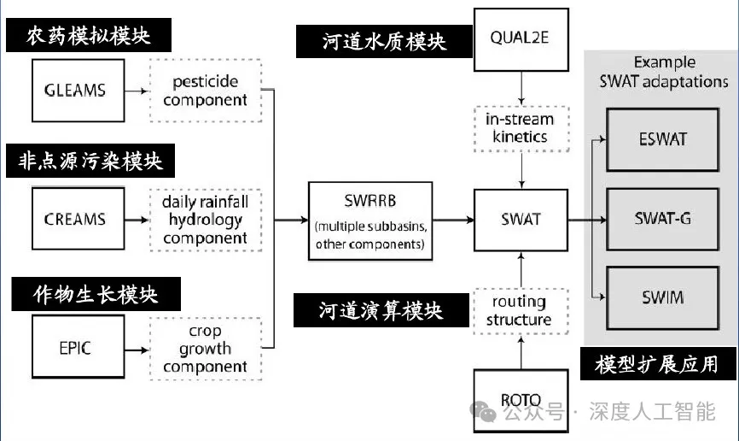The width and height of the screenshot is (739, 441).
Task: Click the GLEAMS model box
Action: pos(74,91)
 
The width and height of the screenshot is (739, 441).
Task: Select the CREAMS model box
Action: pos(74,219)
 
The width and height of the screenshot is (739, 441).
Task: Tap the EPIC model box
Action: pos(74,348)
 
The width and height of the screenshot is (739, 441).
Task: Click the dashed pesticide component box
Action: pos(205,91)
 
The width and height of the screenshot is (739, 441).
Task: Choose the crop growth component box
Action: pos(205,348)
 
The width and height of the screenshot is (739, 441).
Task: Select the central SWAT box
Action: pos(521,219)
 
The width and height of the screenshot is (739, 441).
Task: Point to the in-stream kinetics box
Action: pos(521,127)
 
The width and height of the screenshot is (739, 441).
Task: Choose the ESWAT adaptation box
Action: pos(661,138)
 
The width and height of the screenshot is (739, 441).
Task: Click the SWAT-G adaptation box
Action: pos(661,218)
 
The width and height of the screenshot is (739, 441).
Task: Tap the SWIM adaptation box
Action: pos(661,297)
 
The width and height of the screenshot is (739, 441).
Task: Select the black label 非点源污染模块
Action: pos(89,161)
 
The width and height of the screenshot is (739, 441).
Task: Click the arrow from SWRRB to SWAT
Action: pos(451,220)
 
